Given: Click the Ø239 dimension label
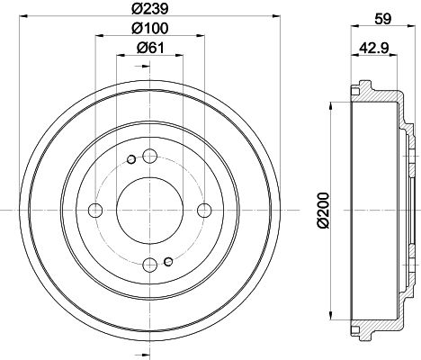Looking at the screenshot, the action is tap(150, 9).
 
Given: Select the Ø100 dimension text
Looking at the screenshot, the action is tap(150, 28).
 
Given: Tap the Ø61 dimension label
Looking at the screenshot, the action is tap(150, 48).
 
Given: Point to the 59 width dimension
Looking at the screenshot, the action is tap(383, 19).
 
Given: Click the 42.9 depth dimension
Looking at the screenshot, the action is tap(374, 47).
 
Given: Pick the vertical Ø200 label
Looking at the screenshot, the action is tap(324, 211).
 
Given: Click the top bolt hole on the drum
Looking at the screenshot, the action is tap(149, 156).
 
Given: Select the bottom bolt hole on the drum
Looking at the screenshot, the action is tap(149, 265).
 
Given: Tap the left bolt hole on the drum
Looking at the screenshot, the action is tap(95, 210).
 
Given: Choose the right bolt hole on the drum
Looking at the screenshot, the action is tap(204, 210).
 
